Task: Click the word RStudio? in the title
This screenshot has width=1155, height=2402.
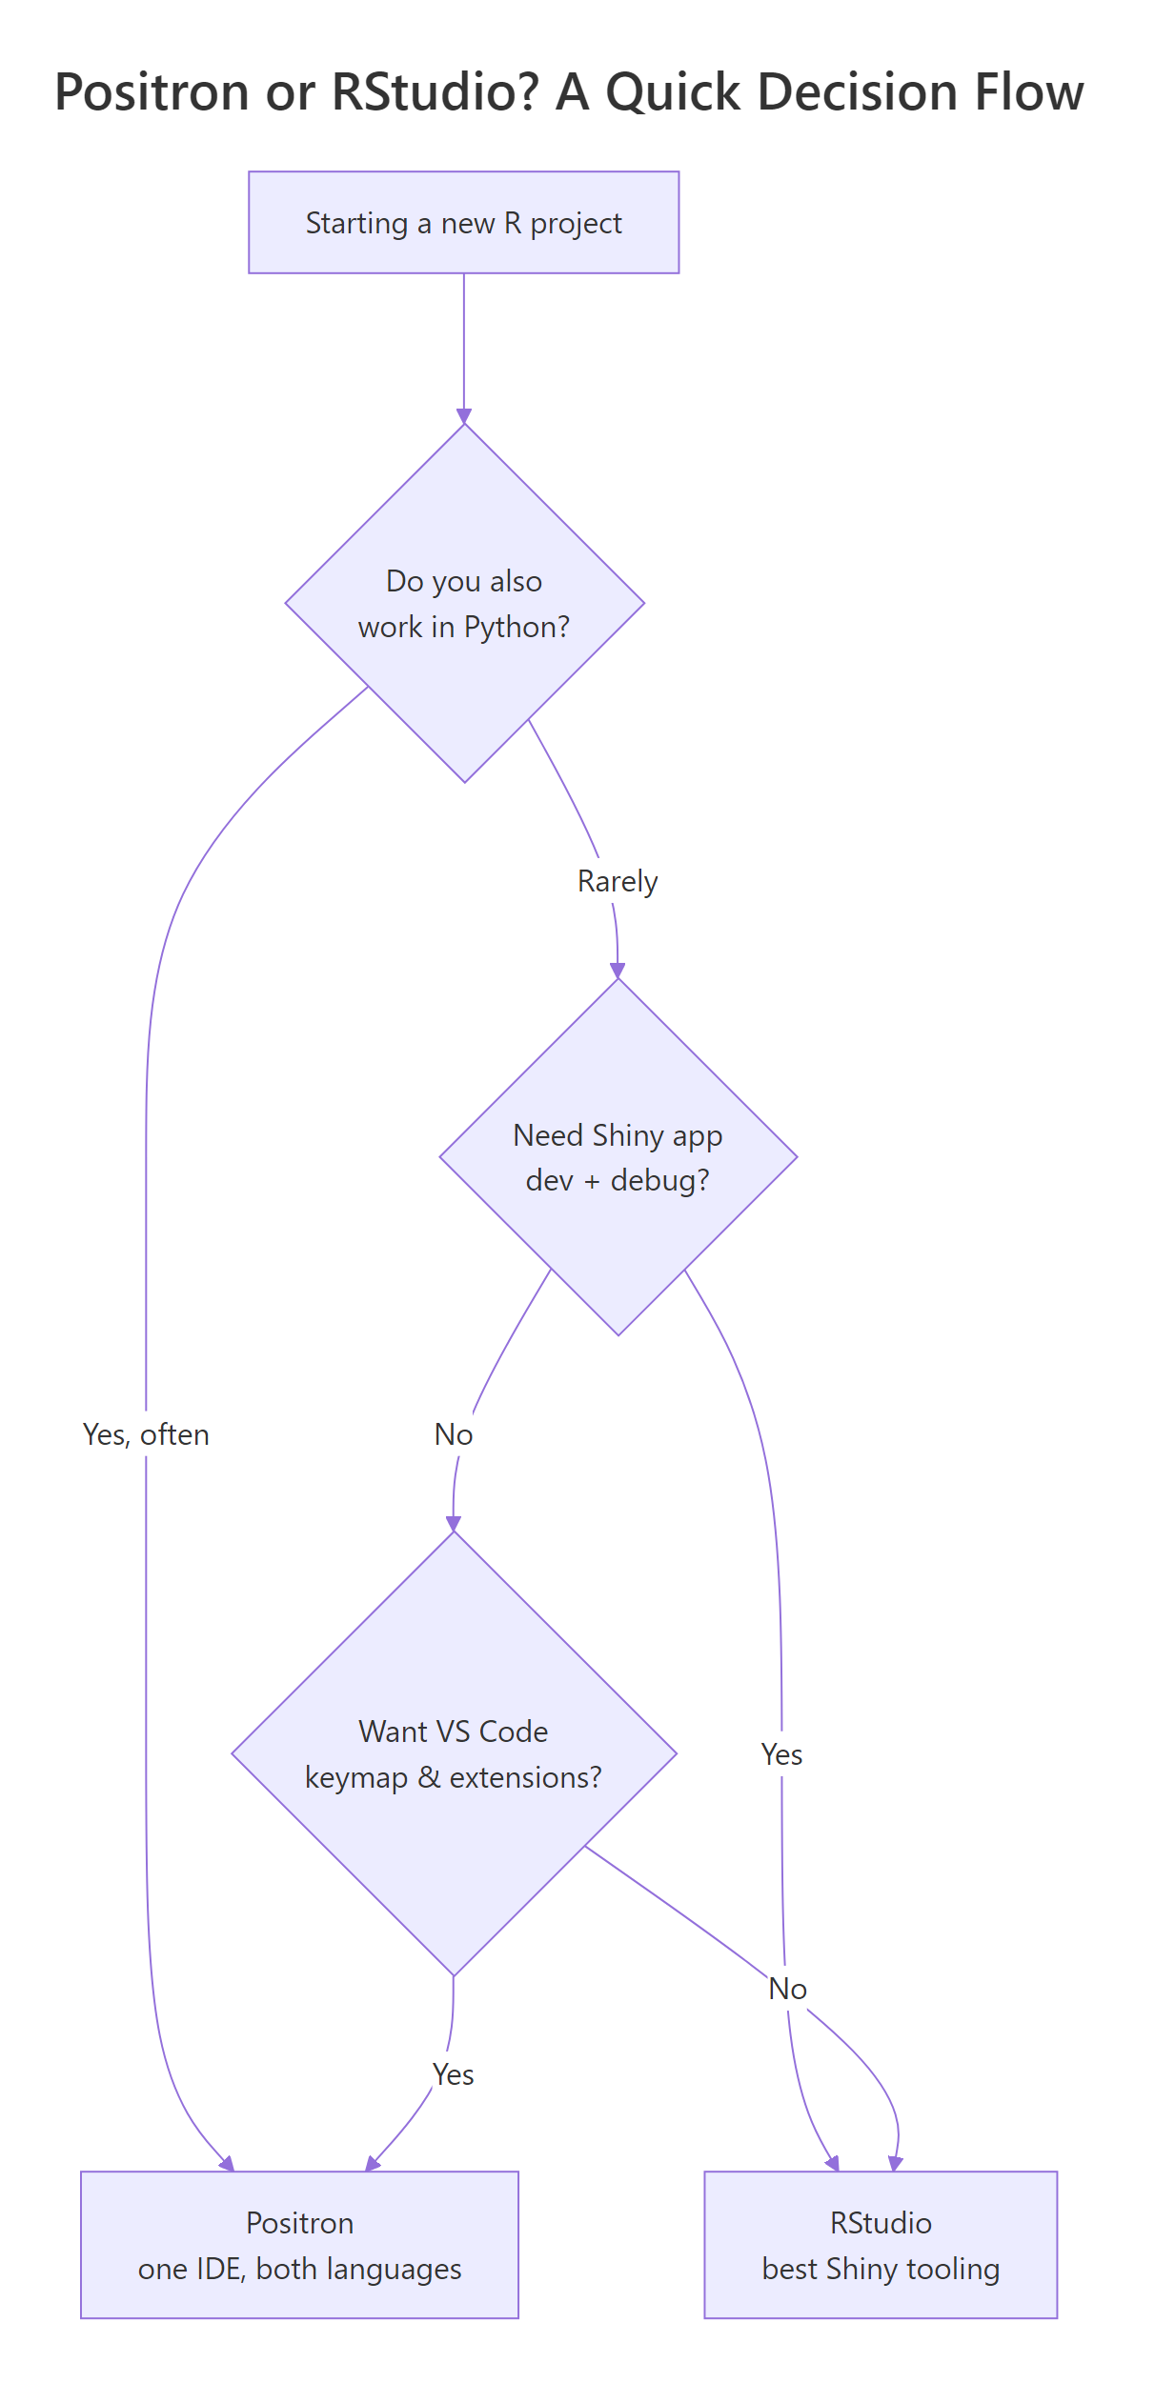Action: tap(434, 92)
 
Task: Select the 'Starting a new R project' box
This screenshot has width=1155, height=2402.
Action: tap(463, 223)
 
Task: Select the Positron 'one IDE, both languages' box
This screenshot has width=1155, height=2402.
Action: tap(299, 2245)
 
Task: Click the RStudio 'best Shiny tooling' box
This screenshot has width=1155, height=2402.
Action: tap(880, 2245)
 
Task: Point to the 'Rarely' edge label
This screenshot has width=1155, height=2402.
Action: tap(618, 881)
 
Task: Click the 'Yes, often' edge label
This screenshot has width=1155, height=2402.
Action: tap(146, 1434)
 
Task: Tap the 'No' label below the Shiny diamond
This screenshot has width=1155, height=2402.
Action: tap(454, 1434)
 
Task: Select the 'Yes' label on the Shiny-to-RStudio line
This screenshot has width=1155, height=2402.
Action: tap(781, 1754)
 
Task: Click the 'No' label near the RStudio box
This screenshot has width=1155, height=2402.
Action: tap(787, 1989)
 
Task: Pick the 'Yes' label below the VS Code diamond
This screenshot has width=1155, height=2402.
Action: tap(453, 2074)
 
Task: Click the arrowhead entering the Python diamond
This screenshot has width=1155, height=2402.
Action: tap(464, 416)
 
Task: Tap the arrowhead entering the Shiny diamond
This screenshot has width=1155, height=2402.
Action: tap(618, 971)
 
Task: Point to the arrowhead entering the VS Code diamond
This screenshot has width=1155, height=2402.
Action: tap(454, 1523)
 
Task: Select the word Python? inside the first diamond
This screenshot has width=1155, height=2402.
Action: tap(517, 627)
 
